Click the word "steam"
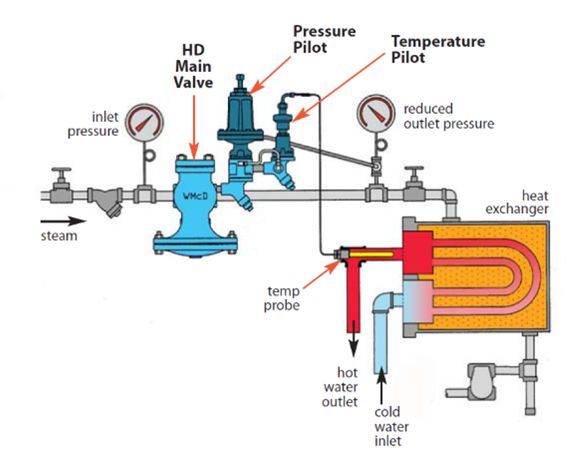[x=58, y=236]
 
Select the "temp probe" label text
[x=283, y=298]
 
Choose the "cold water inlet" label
[x=392, y=426]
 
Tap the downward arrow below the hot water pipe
[x=352, y=347]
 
